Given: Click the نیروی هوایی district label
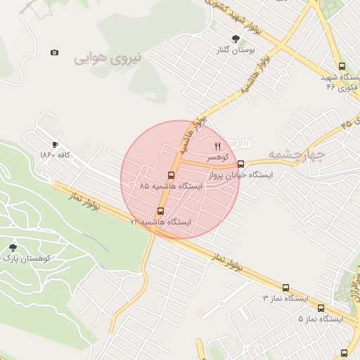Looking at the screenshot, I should coord(108,58).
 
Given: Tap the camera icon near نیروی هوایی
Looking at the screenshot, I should coord(55,53).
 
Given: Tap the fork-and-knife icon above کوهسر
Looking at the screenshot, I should coord(217,146).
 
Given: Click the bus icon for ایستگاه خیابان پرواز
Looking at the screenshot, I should coord(241,165).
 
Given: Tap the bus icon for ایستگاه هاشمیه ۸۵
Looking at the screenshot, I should coord(171,175).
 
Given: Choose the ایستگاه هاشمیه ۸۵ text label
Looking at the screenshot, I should coord(170,186).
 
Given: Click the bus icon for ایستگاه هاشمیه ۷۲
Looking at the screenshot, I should coord(160,211).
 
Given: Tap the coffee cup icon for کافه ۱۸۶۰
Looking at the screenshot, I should coord(56,143).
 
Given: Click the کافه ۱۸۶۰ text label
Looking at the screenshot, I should coord(56,154).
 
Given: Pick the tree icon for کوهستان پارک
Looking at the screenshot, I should coord(13,247).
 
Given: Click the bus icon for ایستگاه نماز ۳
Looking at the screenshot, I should coord(285,288).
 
